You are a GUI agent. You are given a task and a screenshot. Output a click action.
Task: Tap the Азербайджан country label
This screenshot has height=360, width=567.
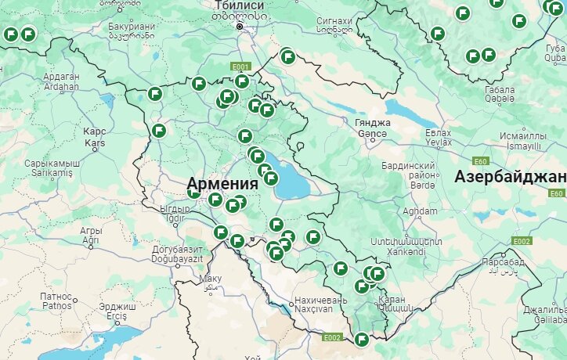510,176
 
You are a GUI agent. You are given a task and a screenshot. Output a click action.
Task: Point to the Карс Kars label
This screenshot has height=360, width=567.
95,138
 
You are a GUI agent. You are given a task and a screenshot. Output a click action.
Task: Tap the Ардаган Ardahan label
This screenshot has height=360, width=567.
62,81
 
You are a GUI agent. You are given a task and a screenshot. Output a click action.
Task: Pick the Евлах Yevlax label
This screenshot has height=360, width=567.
438,138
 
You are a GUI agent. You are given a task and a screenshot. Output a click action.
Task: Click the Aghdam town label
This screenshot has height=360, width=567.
419,211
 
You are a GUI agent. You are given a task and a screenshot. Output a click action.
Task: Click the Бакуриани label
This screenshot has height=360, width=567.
131,31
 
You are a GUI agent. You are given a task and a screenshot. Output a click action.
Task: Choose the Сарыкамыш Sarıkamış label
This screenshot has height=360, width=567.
52,167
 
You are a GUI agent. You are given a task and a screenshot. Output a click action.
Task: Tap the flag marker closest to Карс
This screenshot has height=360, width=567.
159,130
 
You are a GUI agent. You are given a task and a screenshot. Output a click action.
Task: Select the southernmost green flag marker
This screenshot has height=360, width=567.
362,339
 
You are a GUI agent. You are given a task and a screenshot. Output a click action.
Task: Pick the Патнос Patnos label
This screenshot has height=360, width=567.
56,301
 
